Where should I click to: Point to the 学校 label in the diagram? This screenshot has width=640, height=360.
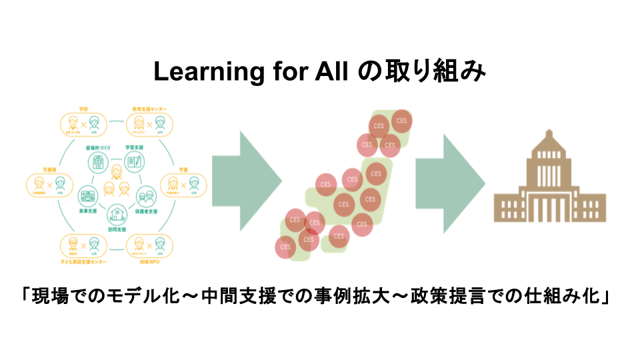coord(83,107)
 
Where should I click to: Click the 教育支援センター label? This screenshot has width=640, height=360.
coord(150,107)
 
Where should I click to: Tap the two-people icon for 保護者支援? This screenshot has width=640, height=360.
coord(146,196)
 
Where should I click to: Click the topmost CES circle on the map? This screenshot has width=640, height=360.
coord(401,120)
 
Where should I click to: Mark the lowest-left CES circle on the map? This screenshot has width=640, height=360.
coord(286,247)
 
